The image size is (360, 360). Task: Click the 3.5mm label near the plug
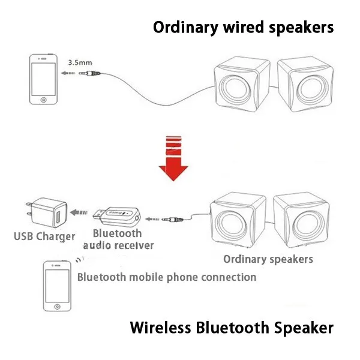80,62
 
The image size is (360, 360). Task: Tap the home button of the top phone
43,100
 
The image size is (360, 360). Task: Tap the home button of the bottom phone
57,307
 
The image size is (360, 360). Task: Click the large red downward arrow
173,158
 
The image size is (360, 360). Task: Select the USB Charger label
44,237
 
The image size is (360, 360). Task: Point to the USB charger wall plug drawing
47,212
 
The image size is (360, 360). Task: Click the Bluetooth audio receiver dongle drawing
117,216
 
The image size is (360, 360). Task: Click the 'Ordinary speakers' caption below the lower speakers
268,259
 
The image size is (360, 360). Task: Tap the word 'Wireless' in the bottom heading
160,328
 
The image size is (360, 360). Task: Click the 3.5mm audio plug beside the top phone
89,73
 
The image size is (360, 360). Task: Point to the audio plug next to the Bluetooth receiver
172,220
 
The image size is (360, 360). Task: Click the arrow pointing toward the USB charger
79,212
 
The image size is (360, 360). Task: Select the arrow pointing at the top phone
68,73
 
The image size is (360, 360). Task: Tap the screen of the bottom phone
57,286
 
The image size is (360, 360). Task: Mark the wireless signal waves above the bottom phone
79,260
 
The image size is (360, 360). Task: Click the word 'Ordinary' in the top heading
185,28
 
